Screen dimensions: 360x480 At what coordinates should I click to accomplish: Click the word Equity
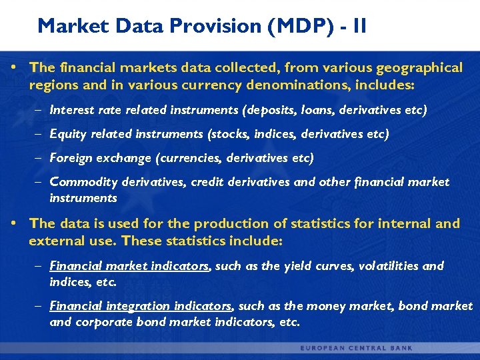tap(69, 134)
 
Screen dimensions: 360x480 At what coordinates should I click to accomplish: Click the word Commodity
tap(83, 182)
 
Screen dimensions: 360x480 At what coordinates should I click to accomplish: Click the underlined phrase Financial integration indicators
tap(141, 307)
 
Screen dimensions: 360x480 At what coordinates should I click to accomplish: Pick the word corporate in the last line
tap(100, 323)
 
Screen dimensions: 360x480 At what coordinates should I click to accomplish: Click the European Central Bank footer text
tap(356, 348)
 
